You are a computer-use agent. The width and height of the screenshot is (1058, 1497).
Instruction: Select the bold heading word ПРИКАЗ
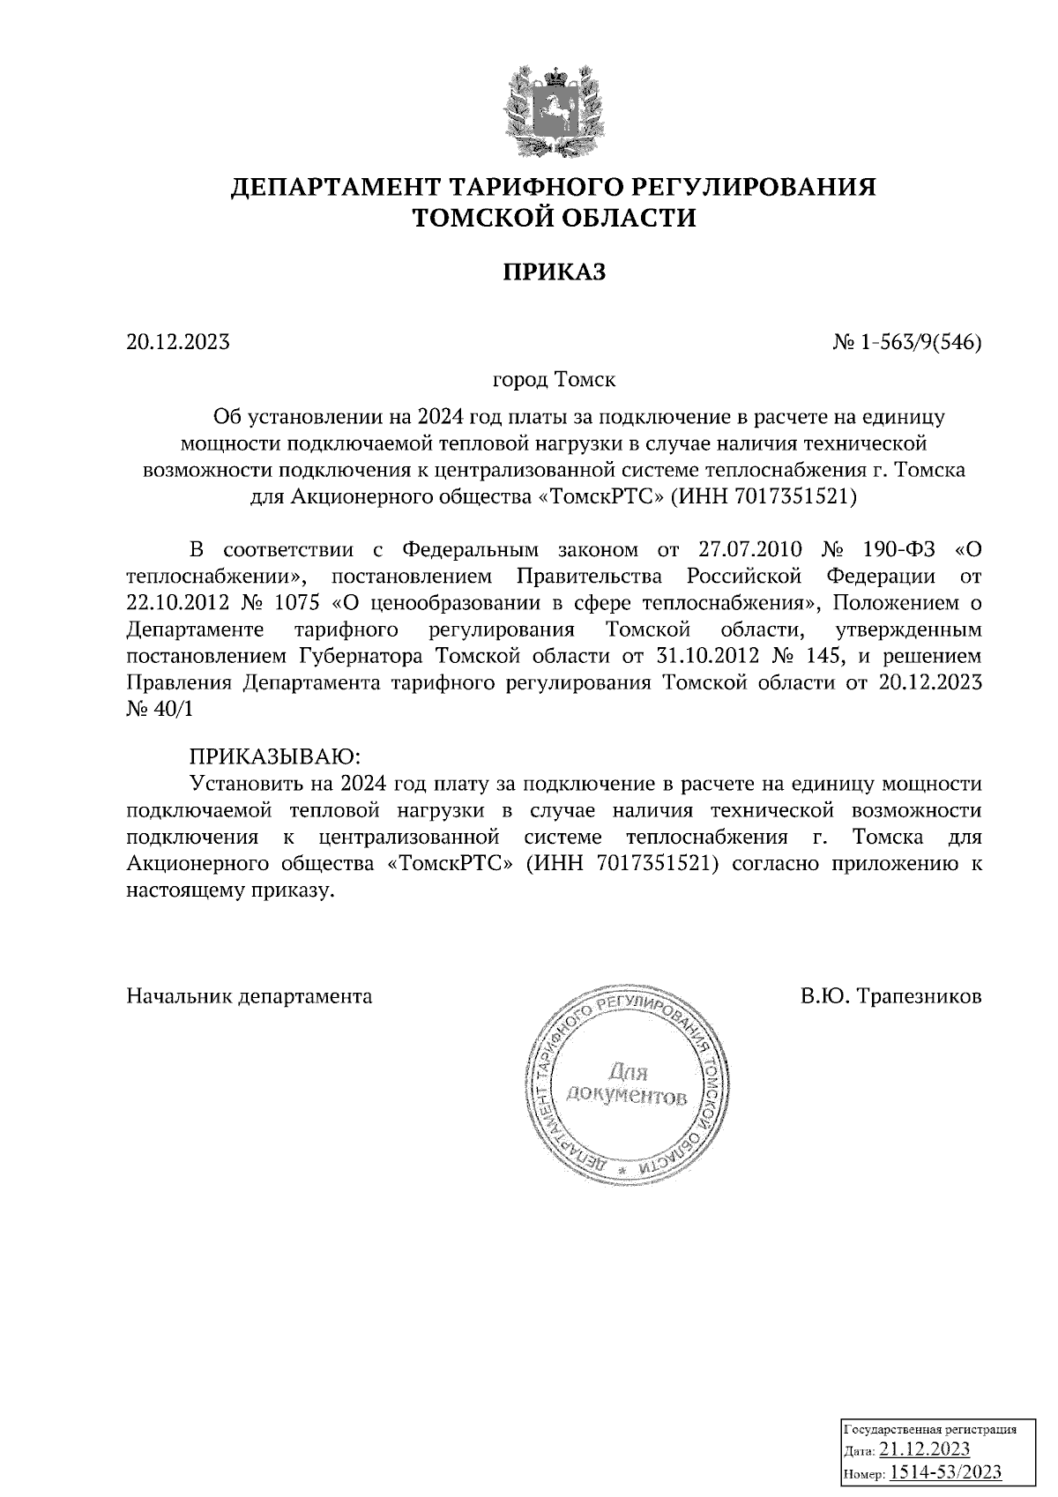(x=555, y=273)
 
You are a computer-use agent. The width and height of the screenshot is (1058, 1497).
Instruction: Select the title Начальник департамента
(x=250, y=996)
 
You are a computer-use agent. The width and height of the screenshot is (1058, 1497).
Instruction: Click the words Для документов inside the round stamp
(x=627, y=1085)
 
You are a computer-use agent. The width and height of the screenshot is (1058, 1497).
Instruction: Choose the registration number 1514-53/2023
(x=945, y=1471)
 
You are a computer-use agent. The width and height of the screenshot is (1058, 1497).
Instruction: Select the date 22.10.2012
(x=171, y=604)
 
